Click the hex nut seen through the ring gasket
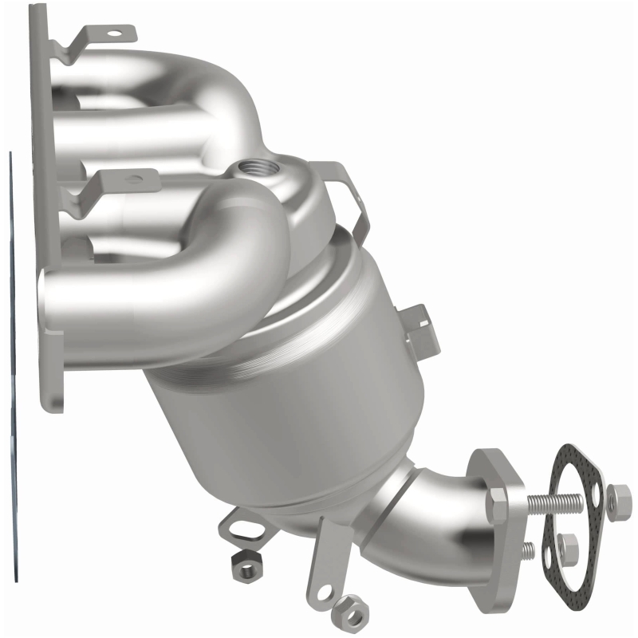[568, 548]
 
